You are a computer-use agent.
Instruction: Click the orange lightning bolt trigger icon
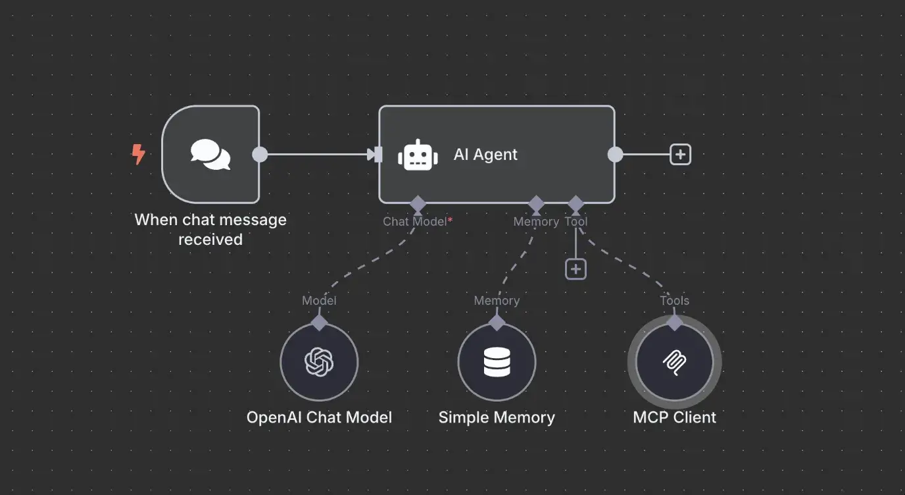tap(138, 155)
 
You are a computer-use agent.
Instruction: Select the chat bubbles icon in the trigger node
tap(210, 155)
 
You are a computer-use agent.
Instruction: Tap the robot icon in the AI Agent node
tap(418, 155)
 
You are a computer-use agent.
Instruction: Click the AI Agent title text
tap(485, 155)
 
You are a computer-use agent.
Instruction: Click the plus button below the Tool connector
tap(575, 269)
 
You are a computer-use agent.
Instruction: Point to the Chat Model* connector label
tap(418, 222)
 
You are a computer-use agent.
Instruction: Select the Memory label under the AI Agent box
tap(536, 222)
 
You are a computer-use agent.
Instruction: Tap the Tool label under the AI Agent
tap(576, 222)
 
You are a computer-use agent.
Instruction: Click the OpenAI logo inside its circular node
tap(319, 362)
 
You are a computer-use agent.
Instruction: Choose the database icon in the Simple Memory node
tap(497, 362)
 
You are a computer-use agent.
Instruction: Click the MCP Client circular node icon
tap(674, 362)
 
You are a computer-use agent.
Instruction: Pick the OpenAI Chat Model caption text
tap(319, 417)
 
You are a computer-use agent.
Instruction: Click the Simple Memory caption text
tap(497, 417)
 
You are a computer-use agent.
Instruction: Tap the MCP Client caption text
tap(674, 417)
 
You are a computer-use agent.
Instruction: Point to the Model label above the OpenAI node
tap(319, 301)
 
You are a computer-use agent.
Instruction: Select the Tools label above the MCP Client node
tap(674, 301)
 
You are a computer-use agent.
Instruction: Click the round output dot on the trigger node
tap(260, 155)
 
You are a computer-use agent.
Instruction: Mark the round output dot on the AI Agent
tap(615, 155)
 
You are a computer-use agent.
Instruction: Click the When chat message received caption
tap(210, 229)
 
